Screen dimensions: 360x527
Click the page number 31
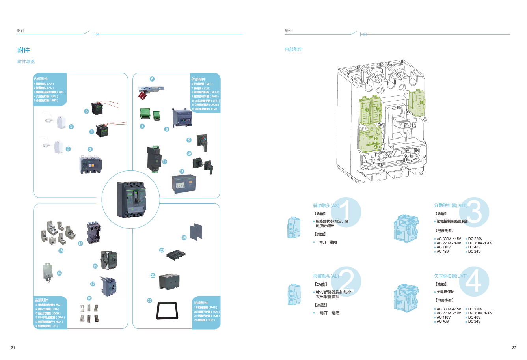click(13, 348)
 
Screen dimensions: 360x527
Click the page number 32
click(514, 348)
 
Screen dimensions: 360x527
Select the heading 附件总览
click(26, 62)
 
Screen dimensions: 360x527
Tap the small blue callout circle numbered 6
click(152, 79)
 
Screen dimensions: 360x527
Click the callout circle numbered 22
click(149, 300)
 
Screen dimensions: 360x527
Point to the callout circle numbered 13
click(61, 251)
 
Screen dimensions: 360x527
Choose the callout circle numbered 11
click(182, 172)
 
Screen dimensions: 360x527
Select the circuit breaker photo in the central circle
click(131, 199)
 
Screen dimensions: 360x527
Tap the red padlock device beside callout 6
click(142, 95)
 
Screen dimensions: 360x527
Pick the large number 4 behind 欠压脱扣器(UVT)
click(474, 282)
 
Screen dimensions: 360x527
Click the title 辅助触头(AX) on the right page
click(326, 205)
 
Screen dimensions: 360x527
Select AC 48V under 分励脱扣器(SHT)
click(443, 252)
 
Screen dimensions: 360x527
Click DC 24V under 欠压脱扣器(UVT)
click(474, 321)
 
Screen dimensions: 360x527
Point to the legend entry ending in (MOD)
click(205, 92)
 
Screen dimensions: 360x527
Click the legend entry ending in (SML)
click(50, 92)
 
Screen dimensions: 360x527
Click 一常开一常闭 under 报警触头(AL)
click(327, 313)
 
